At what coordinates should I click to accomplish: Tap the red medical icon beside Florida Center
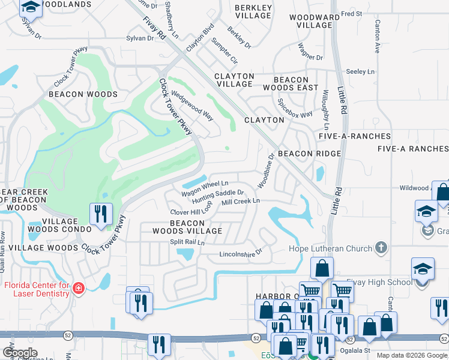[x=77, y=289]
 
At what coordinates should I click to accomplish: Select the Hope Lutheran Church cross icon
[x=380, y=247]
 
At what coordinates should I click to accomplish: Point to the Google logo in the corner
[x=20, y=353]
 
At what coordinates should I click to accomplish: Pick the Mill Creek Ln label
[x=240, y=202]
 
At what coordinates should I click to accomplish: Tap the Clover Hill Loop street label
[x=191, y=211]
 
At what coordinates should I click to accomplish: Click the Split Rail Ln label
[x=187, y=242]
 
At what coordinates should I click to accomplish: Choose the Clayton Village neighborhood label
[x=234, y=80]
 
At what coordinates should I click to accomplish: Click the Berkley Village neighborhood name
[x=253, y=11]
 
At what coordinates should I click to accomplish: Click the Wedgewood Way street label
[x=192, y=104]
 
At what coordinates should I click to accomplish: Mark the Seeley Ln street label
[x=360, y=71]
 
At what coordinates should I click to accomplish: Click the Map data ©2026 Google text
[x=411, y=355]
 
